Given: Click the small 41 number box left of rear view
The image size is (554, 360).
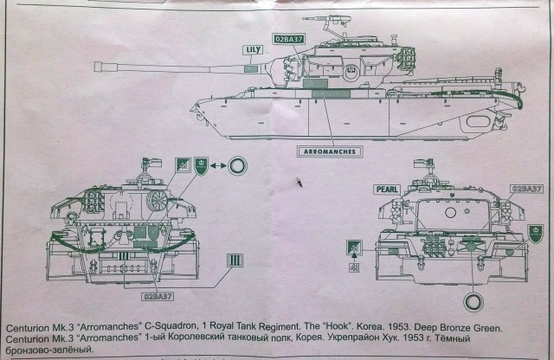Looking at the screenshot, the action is click(352, 267).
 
